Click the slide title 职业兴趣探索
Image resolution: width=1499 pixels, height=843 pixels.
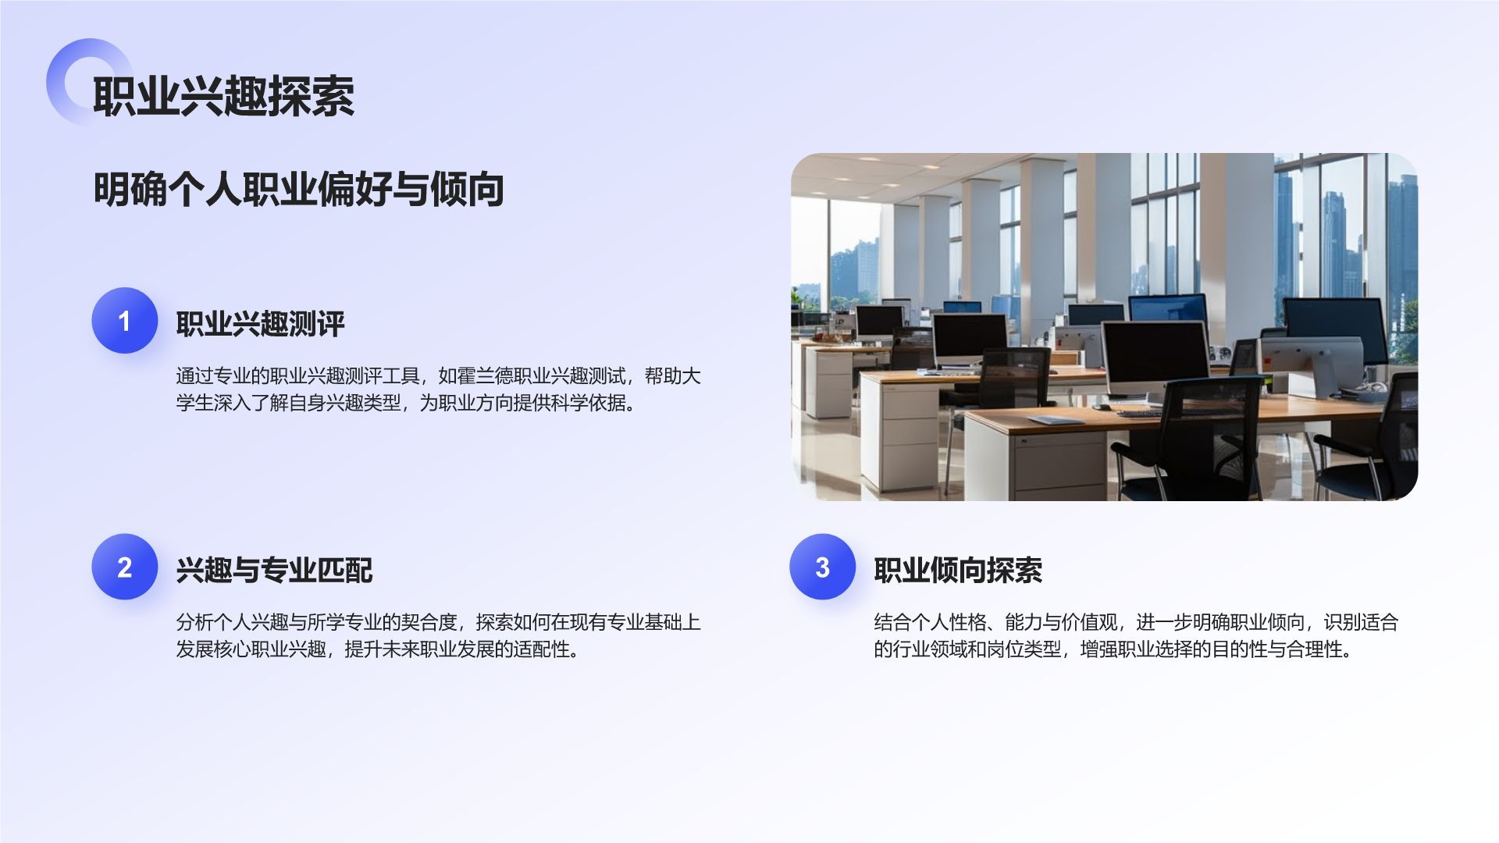[x=223, y=97]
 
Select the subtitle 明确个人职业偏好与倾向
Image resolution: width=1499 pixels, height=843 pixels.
[x=298, y=189]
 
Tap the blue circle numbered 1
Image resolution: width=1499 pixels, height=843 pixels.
[x=124, y=321]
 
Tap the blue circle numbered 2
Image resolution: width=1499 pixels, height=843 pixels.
[x=124, y=567]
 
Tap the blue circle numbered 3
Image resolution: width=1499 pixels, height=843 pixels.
[x=822, y=567]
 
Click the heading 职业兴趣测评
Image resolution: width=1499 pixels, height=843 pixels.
[x=260, y=324]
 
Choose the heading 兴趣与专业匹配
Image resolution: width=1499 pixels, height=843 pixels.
[x=274, y=571]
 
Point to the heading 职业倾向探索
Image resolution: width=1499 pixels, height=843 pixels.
[x=958, y=571]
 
